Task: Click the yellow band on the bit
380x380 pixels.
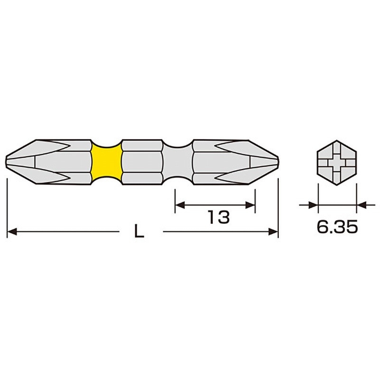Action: [x=106, y=162]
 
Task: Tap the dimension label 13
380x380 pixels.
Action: [x=218, y=217]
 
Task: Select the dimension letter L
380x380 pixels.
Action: [x=139, y=231]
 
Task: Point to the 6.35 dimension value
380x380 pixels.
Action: [x=337, y=227]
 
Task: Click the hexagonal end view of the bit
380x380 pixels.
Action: [x=337, y=162]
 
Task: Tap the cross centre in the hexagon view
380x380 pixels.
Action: [x=337, y=162]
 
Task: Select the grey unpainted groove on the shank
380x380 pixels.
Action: [x=177, y=162]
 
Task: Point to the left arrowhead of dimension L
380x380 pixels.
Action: [x=12, y=231]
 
